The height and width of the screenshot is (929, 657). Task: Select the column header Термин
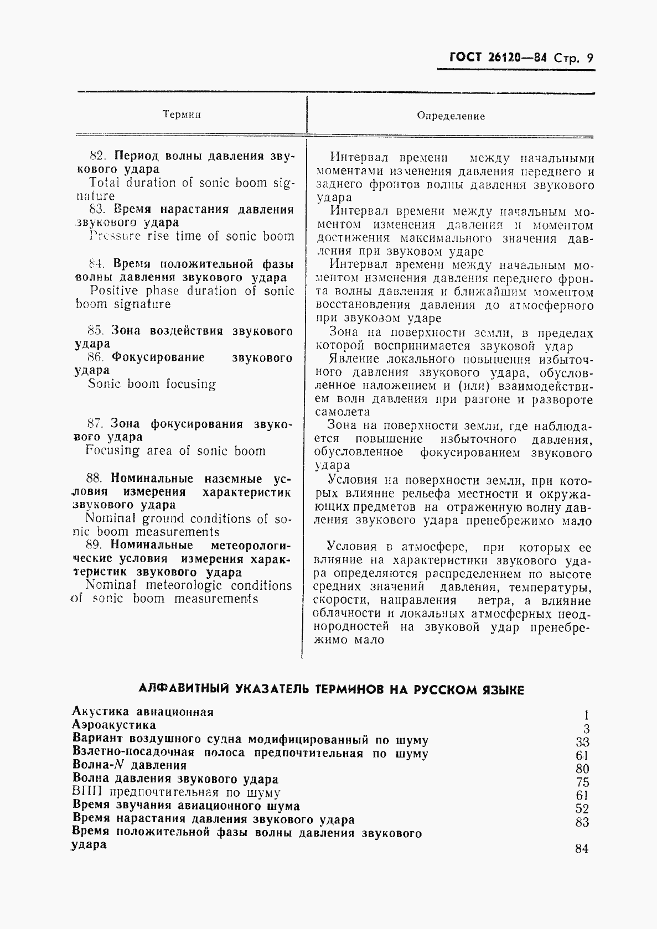tap(182, 115)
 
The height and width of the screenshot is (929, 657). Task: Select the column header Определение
tap(451, 116)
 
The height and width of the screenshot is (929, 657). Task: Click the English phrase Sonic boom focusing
tap(152, 384)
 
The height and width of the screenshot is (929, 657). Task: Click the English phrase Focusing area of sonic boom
tap(175, 451)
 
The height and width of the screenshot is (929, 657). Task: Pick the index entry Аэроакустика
tap(114, 725)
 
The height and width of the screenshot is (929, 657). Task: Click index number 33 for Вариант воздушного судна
tap(582, 743)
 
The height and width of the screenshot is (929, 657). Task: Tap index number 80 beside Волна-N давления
tap(582, 769)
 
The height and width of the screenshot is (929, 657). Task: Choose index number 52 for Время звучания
tap(582, 809)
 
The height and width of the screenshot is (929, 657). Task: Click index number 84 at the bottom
tap(582, 849)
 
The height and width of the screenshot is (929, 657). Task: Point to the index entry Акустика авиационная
tap(143, 712)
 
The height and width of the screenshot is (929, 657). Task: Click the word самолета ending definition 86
tap(342, 412)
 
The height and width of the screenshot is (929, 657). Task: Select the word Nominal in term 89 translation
tap(110, 585)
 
